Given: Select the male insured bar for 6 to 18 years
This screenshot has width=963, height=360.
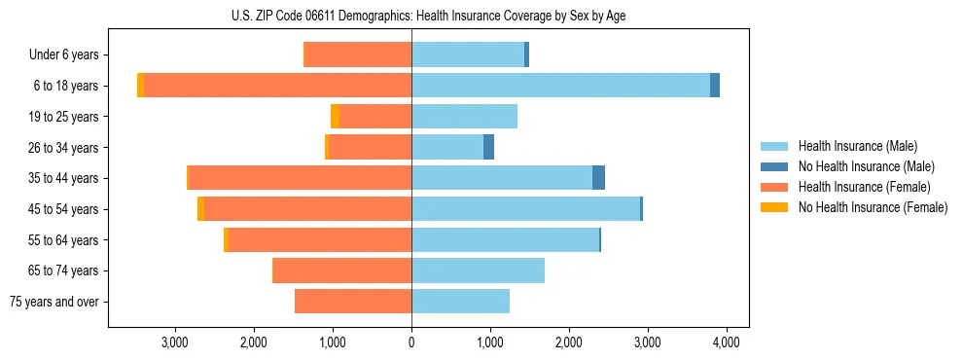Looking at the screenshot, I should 560,86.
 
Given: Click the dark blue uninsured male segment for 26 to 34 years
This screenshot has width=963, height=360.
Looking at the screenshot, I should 488,147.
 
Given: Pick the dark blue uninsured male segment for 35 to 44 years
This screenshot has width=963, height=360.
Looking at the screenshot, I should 598,178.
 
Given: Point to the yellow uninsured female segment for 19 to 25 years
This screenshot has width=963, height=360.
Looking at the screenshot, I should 335,117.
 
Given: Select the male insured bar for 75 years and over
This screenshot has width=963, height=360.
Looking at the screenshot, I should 460,302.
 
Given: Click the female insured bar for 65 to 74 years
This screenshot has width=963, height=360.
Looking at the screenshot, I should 342,270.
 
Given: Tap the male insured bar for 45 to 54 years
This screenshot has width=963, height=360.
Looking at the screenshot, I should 525,209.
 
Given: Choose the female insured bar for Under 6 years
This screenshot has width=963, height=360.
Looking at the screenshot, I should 358,54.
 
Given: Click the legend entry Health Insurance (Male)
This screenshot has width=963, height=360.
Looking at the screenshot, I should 857,146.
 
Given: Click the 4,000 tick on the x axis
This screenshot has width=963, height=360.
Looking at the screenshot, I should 727,342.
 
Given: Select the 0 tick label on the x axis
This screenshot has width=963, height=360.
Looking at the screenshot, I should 411,342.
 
